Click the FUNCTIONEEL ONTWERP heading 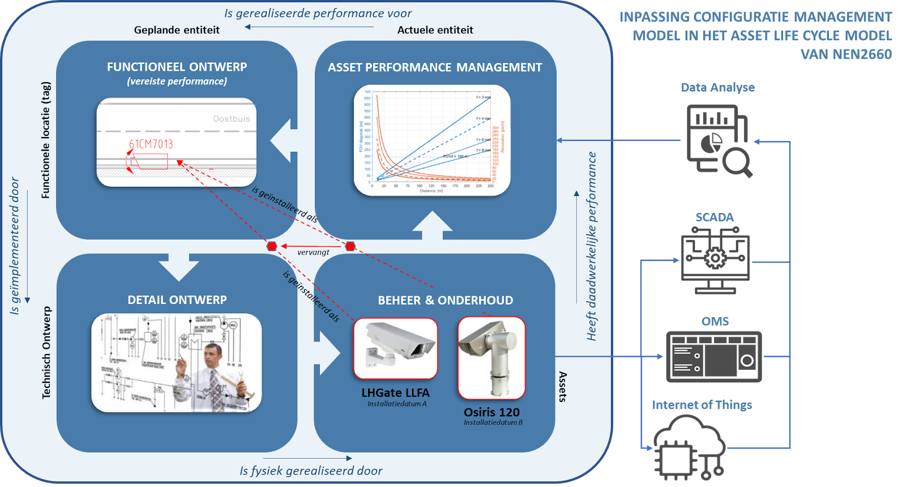point(177,67)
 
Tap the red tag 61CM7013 point(151,144)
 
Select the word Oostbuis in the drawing point(231,119)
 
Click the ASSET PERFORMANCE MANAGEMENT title point(435,67)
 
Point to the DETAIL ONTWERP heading point(177,300)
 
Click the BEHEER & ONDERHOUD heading point(445,301)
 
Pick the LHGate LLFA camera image point(395,348)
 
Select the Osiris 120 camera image point(491,357)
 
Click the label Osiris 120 point(492,412)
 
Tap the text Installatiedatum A point(396,404)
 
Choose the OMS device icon point(714,357)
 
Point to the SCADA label point(715,217)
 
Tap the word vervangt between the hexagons point(313,253)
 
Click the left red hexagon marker point(272,246)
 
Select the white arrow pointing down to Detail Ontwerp point(179,260)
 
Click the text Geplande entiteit point(177,30)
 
